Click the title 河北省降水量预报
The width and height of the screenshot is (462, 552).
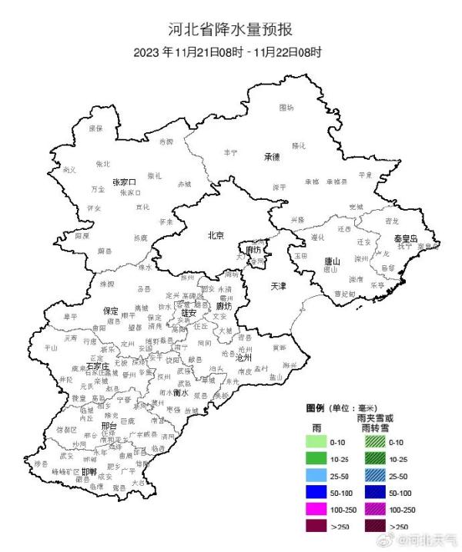click(230, 31)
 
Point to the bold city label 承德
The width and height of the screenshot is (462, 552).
click(272, 157)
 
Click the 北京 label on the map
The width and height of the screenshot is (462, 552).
click(216, 235)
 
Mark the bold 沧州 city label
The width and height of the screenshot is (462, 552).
click(243, 357)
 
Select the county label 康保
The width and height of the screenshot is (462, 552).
click(95, 128)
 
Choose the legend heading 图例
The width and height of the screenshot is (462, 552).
click(316, 407)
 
